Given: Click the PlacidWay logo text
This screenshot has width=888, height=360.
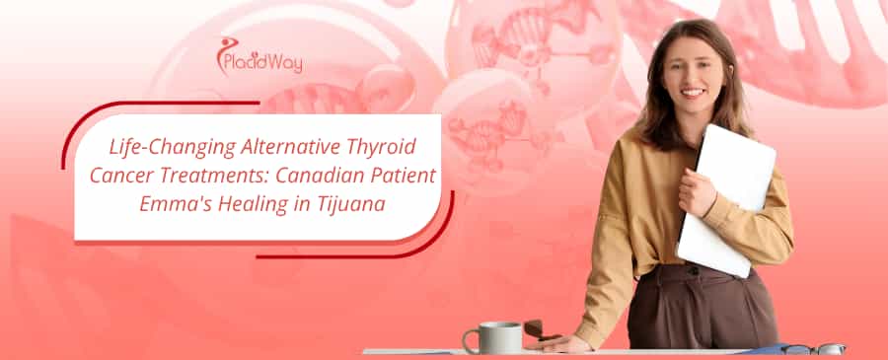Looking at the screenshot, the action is [262, 63].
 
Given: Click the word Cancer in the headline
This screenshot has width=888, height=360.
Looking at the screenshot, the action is [119, 176].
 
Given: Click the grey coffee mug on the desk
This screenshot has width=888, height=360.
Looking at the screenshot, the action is [491, 337].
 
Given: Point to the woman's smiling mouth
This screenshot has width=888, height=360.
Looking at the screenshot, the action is [693, 92].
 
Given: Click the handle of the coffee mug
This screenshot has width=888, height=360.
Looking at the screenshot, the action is [470, 341].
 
